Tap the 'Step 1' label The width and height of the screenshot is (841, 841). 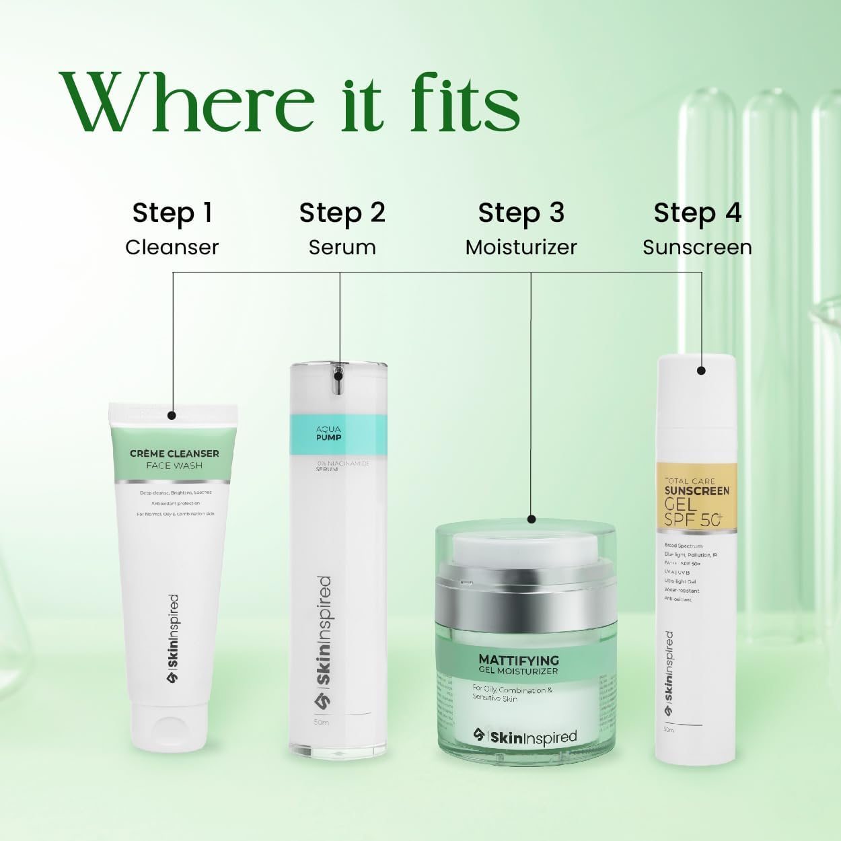(172, 213)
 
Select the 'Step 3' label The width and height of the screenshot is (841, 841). (521, 213)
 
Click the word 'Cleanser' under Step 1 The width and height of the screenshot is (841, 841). (172, 248)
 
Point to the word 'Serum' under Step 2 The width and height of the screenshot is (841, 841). (342, 248)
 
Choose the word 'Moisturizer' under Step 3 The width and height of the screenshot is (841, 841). (521, 248)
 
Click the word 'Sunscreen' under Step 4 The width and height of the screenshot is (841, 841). (697, 248)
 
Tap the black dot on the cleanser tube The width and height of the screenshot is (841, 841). (172, 416)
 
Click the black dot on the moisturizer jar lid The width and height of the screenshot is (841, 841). (532, 519)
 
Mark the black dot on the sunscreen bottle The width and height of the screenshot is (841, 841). (701, 370)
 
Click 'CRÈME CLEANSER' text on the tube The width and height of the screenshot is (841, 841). (174, 453)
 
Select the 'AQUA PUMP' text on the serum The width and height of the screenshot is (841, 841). (329, 433)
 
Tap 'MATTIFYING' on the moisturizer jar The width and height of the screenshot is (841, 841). (519, 660)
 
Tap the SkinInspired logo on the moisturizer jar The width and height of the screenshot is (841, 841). (525, 737)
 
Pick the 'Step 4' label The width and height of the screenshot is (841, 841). (697, 213)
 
